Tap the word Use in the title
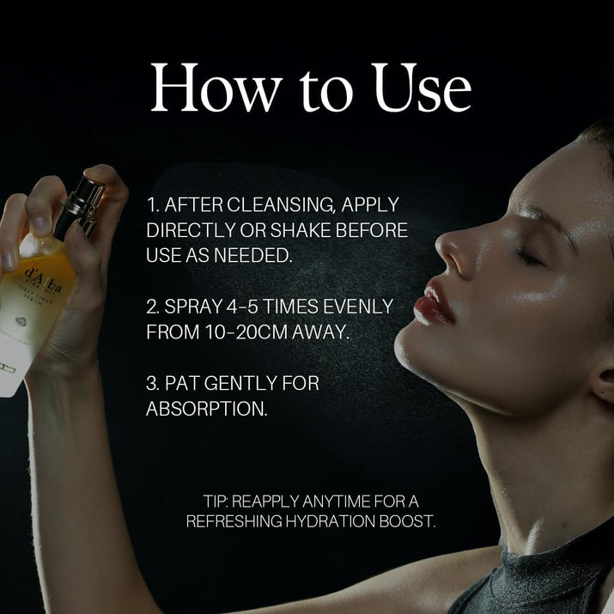pyautogui.click(x=422, y=88)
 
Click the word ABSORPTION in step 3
pyautogui.click(x=206, y=408)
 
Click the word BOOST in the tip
pyautogui.click(x=410, y=520)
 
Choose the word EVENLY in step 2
pyautogui.click(x=354, y=307)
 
